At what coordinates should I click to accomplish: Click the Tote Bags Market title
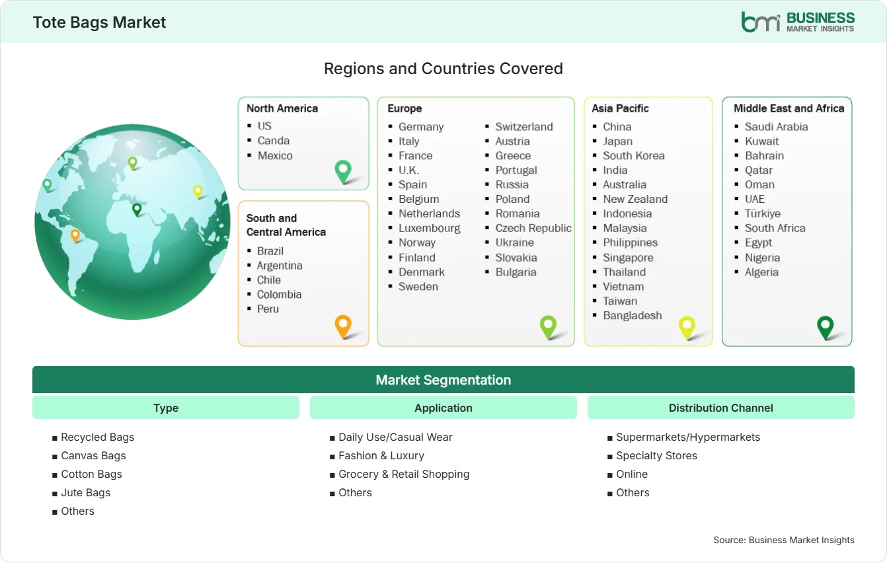[x=99, y=22]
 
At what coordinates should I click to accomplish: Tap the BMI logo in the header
[x=798, y=22]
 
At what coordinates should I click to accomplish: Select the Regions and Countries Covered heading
[x=443, y=69]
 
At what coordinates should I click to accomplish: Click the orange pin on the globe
[x=75, y=235]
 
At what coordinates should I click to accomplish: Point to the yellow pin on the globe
[x=198, y=192]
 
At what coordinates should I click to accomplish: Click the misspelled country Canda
[x=273, y=141]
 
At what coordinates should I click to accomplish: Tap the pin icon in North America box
[x=343, y=171]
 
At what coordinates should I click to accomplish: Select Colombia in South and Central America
[x=279, y=294]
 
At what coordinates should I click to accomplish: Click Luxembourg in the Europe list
[x=429, y=228]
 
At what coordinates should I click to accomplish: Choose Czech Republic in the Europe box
[x=533, y=228]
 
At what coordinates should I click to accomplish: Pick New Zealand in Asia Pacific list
[x=635, y=199]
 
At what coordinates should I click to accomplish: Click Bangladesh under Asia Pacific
[x=632, y=315]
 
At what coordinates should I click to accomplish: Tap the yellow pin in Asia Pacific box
[x=687, y=328]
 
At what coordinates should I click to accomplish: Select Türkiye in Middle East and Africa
[x=762, y=213]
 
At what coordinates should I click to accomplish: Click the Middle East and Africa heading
[x=789, y=108]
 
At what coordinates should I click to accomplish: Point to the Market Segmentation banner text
[x=443, y=380]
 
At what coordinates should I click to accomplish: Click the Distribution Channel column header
[x=720, y=408]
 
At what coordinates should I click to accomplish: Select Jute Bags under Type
[x=85, y=492]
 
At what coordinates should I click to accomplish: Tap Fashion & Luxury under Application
[x=381, y=456]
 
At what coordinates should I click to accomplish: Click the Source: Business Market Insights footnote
[x=784, y=540]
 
